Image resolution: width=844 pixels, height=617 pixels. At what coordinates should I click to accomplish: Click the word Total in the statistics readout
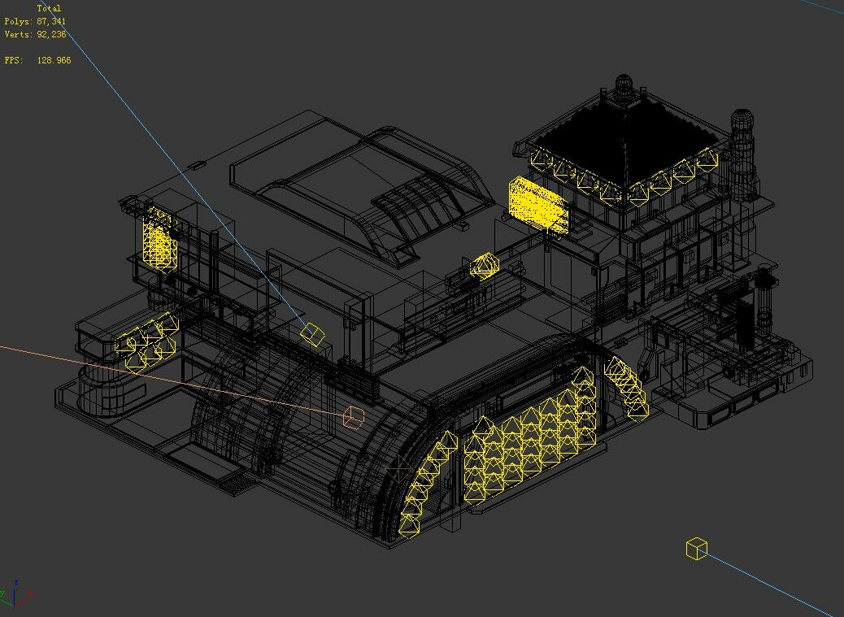click(49, 8)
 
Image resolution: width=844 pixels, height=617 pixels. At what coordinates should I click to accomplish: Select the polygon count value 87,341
click(51, 21)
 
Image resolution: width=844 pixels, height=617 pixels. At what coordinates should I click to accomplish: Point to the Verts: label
click(18, 34)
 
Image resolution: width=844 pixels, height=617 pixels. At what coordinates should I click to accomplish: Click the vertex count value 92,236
click(51, 34)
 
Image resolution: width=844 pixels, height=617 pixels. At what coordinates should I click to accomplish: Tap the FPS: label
click(13, 60)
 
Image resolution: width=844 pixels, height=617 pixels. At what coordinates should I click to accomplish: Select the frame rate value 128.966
click(54, 60)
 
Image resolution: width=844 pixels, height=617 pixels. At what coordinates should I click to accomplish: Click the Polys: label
click(18, 21)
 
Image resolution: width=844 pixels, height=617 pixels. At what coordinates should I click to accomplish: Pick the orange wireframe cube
click(353, 417)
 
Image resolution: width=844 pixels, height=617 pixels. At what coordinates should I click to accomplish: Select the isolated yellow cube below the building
click(697, 549)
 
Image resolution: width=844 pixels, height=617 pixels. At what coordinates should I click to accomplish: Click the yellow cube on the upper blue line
click(312, 333)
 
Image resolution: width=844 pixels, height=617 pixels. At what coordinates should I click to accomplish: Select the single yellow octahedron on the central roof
click(485, 266)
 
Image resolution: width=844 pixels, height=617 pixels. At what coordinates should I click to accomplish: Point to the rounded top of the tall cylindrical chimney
click(742, 120)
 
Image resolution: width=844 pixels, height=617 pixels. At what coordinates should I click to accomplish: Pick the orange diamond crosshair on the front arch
click(398, 470)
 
